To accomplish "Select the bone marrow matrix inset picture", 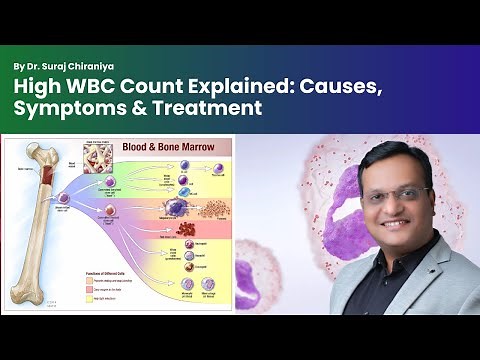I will (x=100, y=159).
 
